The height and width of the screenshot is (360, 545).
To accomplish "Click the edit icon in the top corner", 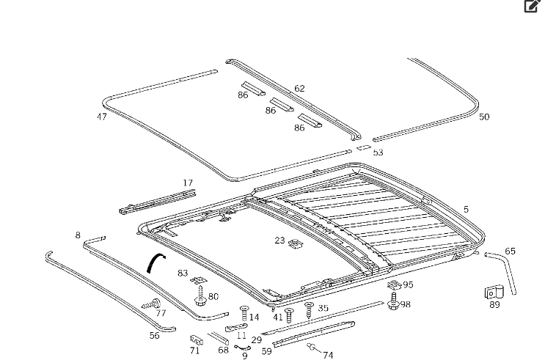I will click(x=532, y=7).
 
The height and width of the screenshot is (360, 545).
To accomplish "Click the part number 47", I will click(x=101, y=117).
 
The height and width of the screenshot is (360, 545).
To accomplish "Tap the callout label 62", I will click(x=299, y=89).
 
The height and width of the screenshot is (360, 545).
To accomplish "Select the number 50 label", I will click(x=483, y=117).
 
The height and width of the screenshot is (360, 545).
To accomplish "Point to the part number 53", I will click(x=378, y=153).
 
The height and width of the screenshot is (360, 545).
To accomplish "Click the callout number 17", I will click(x=188, y=183).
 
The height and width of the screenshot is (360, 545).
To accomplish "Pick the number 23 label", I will click(x=279, y=240).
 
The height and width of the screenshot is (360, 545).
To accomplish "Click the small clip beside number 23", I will click(x=296, y=243).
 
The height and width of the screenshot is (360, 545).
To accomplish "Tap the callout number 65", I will click(x=510, y=251).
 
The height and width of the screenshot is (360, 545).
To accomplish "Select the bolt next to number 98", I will click(x=394, y=301).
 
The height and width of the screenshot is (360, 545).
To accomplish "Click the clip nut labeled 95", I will click(x=394, y=284).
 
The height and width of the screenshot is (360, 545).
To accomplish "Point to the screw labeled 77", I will click(x=150, y=303).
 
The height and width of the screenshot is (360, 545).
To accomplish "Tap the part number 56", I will click(x=154, y=336).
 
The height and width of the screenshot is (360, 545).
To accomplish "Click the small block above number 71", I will click(x=196, y=339).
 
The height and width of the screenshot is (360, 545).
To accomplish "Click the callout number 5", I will click(x=465, y=210).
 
